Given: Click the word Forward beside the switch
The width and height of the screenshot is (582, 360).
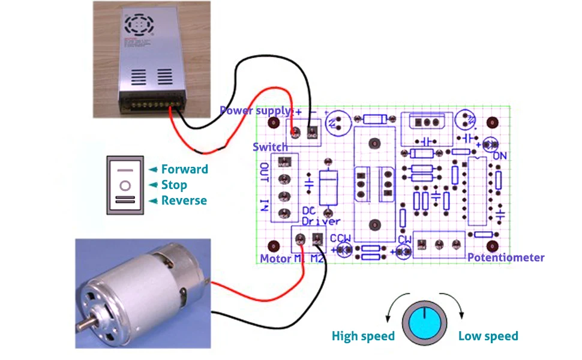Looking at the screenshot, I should point(184,169).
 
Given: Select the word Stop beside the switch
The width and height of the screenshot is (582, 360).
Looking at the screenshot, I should point(174,185).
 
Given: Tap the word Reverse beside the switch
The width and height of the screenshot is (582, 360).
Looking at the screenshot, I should point(184,200).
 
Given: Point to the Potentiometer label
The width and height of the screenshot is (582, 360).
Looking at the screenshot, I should point(506,257).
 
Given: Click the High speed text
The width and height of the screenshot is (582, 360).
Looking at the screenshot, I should point(363,336).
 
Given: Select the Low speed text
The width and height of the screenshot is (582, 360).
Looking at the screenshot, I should point(488,336).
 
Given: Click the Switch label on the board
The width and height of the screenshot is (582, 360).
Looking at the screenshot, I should point(270,147).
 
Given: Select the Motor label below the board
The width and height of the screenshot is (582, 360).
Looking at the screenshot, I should point(275,259).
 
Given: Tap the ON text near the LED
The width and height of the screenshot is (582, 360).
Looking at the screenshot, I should point(500,156).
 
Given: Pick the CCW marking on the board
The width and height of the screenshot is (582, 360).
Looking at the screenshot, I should point(340,238).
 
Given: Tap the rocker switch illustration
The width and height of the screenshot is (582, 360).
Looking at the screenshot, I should point(126,185).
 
